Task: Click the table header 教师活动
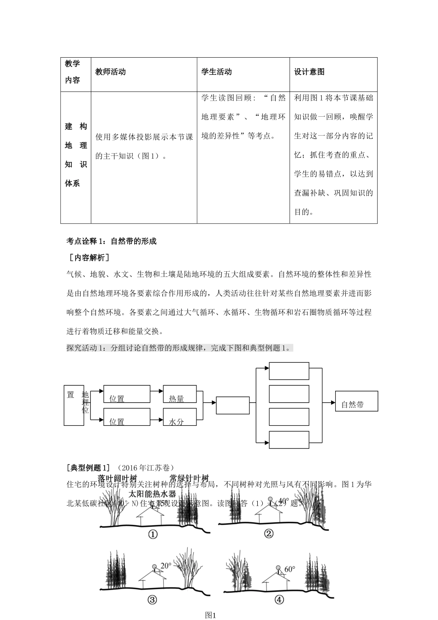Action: coord(111,72)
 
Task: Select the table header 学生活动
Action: coord(217,72)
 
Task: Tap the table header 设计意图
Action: coord(309,72)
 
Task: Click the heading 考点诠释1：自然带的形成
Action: coord(112,241)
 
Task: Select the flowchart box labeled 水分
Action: coord(180,417)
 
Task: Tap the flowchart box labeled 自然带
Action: coord(356,401)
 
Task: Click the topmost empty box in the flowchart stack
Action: coord(289,371)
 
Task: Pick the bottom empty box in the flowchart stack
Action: coord(289,440)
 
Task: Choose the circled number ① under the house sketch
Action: coord(153,534)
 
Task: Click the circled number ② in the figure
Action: coord(269,534)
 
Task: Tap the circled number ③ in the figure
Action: coord(153,600)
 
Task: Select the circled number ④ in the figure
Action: coord(279,600)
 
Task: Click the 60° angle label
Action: coord(290,570)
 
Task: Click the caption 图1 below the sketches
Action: coord(211,615)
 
